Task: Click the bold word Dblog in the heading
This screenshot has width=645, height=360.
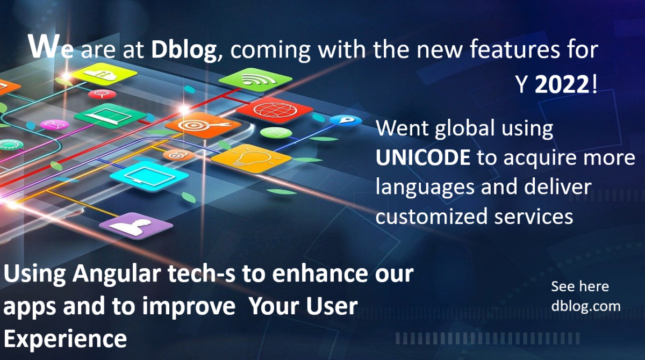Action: [x=184, y=50]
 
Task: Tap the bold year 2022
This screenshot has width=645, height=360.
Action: [x=562, y=84]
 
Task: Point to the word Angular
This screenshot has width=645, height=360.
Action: [x=117, y=275]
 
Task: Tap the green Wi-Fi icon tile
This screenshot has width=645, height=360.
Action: [x=255, y=80]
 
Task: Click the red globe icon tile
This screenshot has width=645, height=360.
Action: [x=275, y=110]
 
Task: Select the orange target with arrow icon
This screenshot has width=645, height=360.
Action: [x=203, y=125]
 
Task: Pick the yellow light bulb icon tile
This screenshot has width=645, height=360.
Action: [x=251, y=158]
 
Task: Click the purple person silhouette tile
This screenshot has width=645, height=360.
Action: [x=136, y=226]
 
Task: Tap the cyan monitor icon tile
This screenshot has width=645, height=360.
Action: [x=149, y=176]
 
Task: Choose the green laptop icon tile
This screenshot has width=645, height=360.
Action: [x=110, y=116]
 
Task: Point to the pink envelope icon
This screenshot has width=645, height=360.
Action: [x=54, y=125]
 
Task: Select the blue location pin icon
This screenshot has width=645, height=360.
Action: [x=346, y=120]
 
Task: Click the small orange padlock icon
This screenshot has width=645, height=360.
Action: [x=178, y=155]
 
